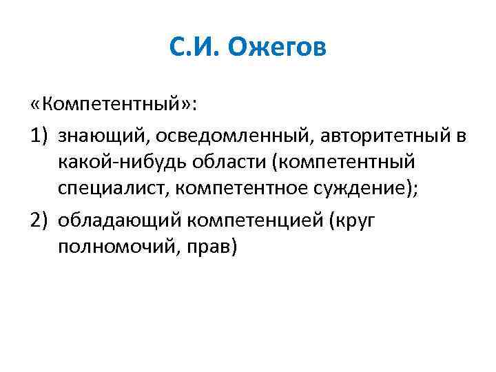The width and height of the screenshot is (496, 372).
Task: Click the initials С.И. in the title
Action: point(190,49)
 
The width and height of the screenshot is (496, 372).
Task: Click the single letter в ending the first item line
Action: point(459,136)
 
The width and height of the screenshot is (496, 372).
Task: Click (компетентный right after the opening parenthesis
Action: point(344,162)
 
